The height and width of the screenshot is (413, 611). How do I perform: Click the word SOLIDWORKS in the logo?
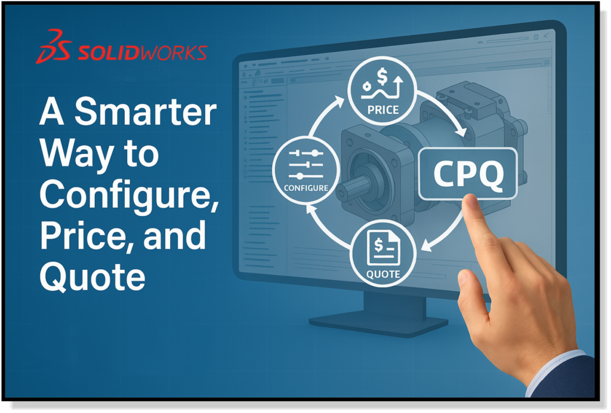pyautogui.click(x=142, y=53)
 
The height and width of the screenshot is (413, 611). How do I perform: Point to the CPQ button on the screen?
pyautogui.click(x=468, y=174)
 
